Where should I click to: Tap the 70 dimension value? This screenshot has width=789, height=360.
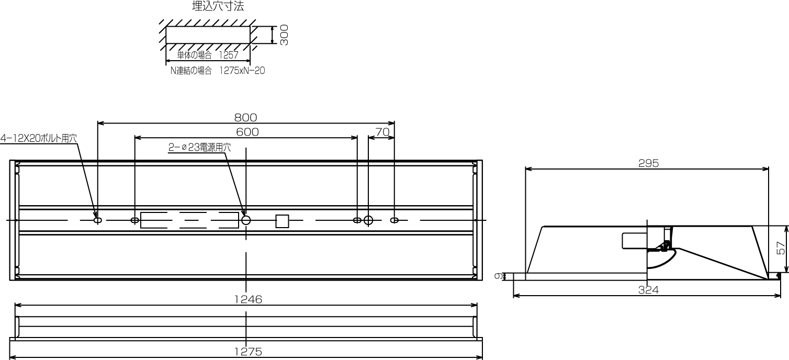coord(382,132)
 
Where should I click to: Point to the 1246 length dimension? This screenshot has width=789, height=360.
coord(246,299)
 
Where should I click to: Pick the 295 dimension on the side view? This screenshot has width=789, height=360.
coord(648,163)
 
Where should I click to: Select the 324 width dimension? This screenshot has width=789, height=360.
coord(648,290)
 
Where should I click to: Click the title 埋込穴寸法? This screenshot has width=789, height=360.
coord(218,7)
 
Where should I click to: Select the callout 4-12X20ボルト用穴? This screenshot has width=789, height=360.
coord(39,139)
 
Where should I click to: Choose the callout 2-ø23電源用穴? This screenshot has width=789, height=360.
coord(199,148)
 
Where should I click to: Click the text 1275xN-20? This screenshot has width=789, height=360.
coord(242,71)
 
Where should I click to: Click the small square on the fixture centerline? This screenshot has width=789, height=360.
coord(283,221)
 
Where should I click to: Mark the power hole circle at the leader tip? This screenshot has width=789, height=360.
coord(246,220)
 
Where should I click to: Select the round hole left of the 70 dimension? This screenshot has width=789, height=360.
coord(368,220)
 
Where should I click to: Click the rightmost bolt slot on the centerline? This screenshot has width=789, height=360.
coord(394,220)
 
